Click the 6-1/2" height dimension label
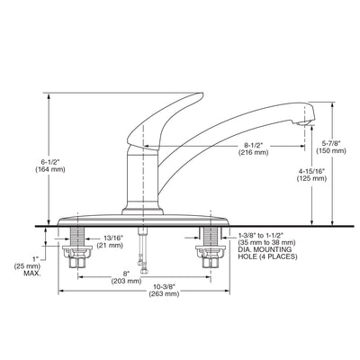click(50, 162)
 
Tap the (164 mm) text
click(50, 169)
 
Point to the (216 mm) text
click(253, 152)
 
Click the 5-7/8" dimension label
click(331, 143)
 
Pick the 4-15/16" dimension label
click(311, 171)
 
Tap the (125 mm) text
click(311, 178)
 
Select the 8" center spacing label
click(126, 274)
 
